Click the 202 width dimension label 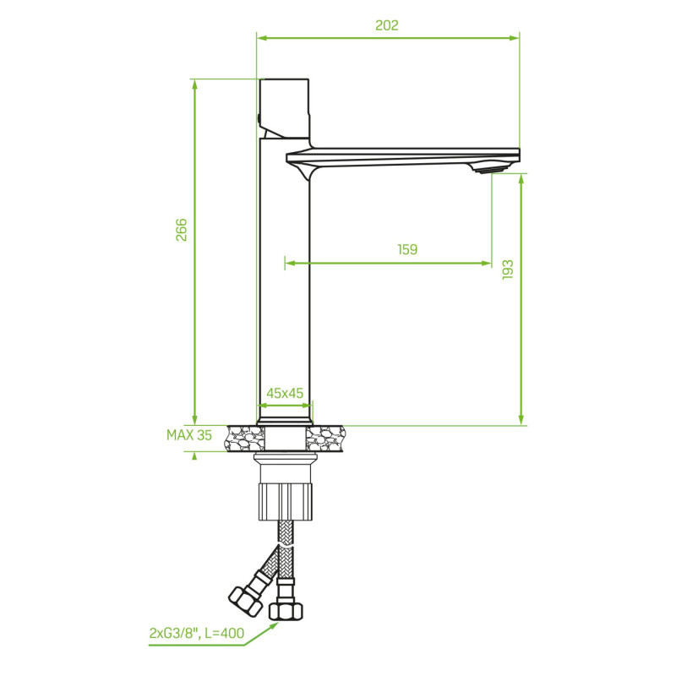386,25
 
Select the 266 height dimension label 181,230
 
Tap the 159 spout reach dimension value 407,249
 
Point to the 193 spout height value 507,270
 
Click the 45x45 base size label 285,393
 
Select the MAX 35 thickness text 189,436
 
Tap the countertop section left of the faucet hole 243,439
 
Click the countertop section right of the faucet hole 326,439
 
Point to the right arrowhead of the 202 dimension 515,37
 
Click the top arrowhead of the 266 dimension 195,84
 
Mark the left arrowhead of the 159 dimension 291,264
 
